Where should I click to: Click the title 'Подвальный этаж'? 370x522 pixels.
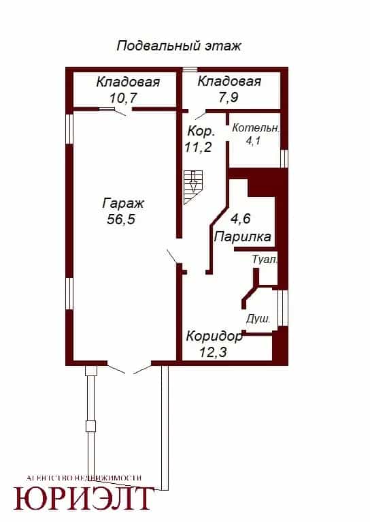tap(179, 46)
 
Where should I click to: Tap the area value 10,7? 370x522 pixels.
tap(123, 98)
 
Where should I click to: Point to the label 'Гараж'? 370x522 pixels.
tap(123, 203)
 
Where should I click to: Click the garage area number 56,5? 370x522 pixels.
tap(121, 219)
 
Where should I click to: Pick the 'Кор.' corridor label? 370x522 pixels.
tap(201, 131)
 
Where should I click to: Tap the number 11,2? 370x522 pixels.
tap(199, 147)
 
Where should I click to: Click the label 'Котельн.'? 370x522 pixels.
tap(256, 128)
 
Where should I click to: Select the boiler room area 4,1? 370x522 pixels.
tap(253, 140)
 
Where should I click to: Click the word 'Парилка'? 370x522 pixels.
tap(242, 237)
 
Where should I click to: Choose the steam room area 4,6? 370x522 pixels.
tap(241, 219)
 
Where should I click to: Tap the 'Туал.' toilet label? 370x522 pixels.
tap(265, 260)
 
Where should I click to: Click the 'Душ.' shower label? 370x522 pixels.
tap(258, 319)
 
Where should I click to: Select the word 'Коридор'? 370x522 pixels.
tap(214, 336)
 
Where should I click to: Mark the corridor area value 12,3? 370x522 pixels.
tap(213, 352)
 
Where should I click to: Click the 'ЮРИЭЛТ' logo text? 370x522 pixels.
tap(82, 498)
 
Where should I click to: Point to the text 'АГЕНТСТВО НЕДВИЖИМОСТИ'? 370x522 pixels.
tap(84, 478)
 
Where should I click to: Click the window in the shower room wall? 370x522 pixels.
tap(282, 307)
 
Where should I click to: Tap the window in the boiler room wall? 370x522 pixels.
tap(284, 158)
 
